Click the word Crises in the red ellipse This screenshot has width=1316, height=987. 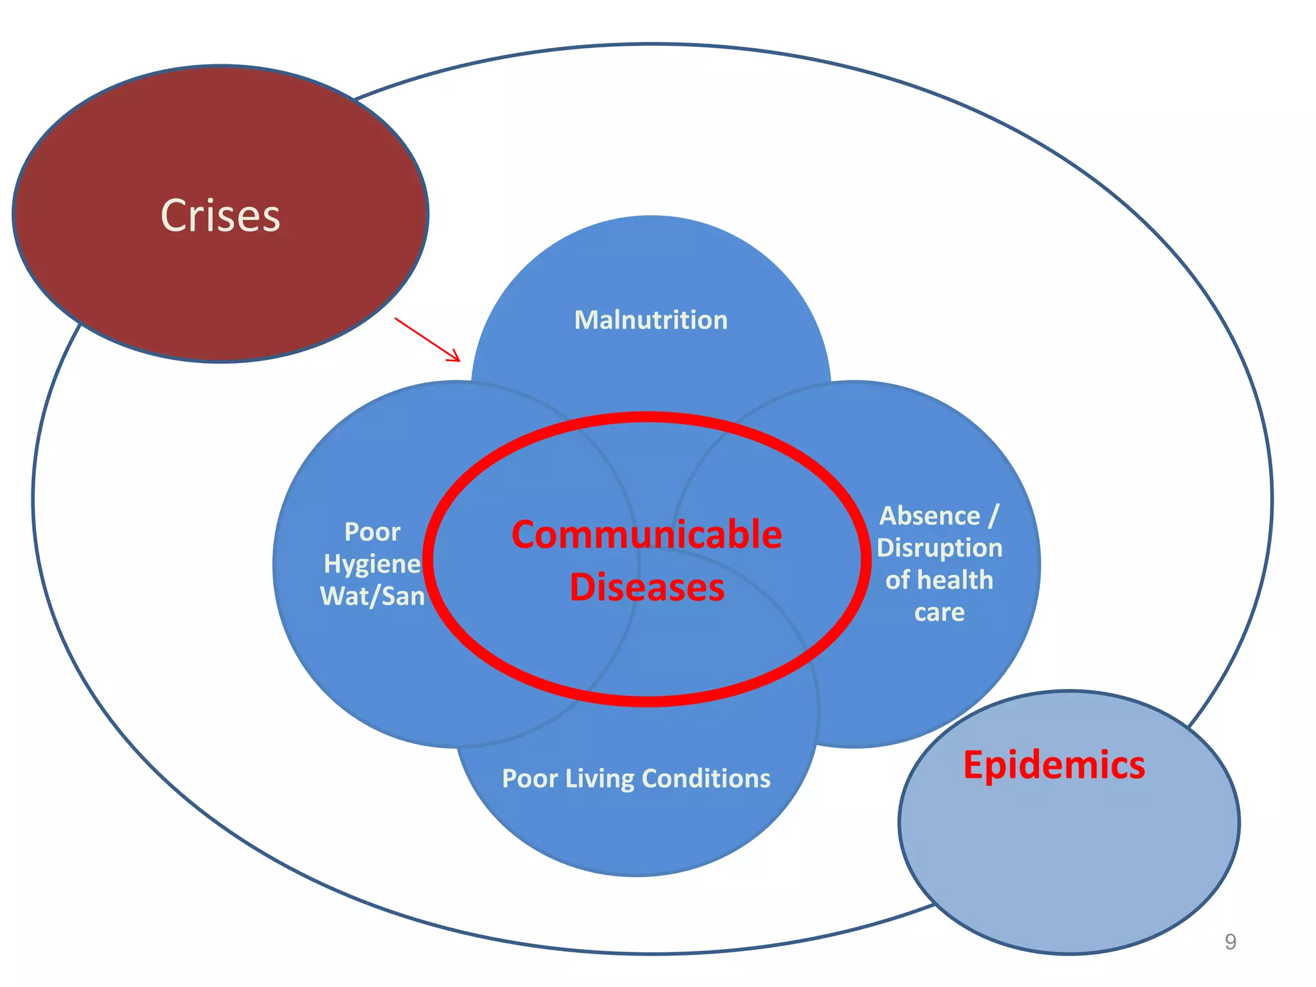pos(220,216)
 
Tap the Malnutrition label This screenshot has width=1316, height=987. pos(651,320)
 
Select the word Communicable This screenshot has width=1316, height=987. pos(646,535)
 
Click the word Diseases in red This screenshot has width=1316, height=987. pos(647,587)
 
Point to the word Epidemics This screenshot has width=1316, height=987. pos(1054,765)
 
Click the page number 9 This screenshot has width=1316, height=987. pos(1230,942)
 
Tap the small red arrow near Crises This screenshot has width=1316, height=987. pos(427,339)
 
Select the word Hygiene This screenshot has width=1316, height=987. pos(372,564)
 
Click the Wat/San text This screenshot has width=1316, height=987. pos(373,596)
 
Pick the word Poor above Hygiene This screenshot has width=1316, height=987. pos(372,532)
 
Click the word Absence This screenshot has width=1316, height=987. pos(929,516)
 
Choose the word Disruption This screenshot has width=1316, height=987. pos(939,548)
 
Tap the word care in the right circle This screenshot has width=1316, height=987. pos(939,612)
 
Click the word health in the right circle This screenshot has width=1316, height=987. pos(956,580)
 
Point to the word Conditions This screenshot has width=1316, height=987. pos(706,778)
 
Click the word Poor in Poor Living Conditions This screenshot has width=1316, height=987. pos(529,779)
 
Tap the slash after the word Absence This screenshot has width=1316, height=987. pos(993,516)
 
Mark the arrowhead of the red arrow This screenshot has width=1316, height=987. pos(456,357)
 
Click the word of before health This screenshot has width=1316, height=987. pos(897,580)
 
